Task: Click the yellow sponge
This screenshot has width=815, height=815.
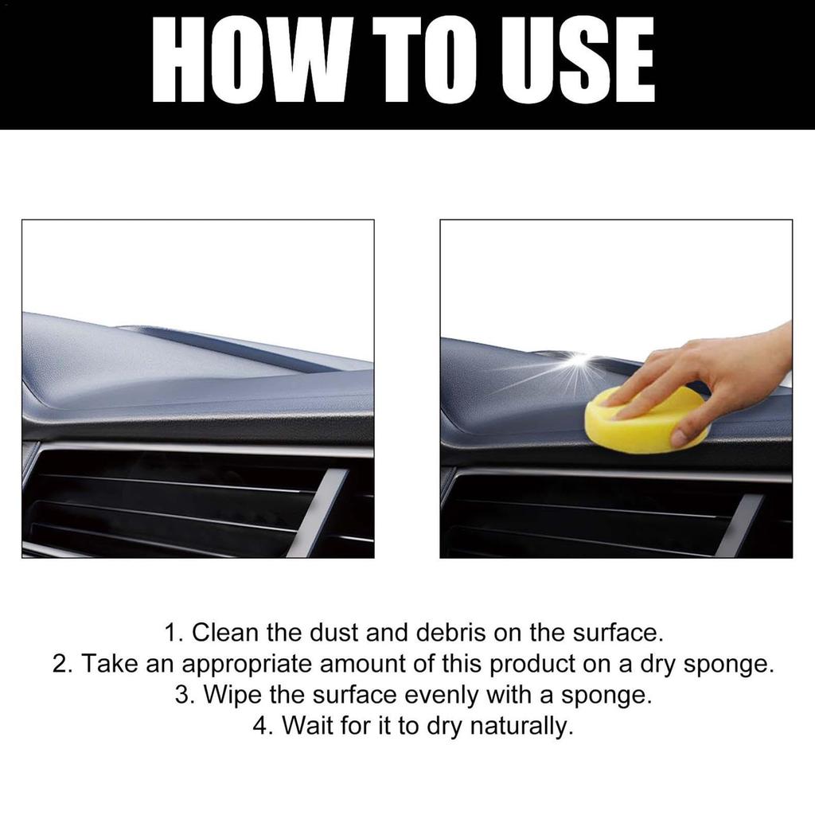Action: click(637, 426)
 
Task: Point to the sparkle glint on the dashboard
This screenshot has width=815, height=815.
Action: click(579, 362)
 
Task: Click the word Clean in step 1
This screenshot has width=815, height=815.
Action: click(227, 634)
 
